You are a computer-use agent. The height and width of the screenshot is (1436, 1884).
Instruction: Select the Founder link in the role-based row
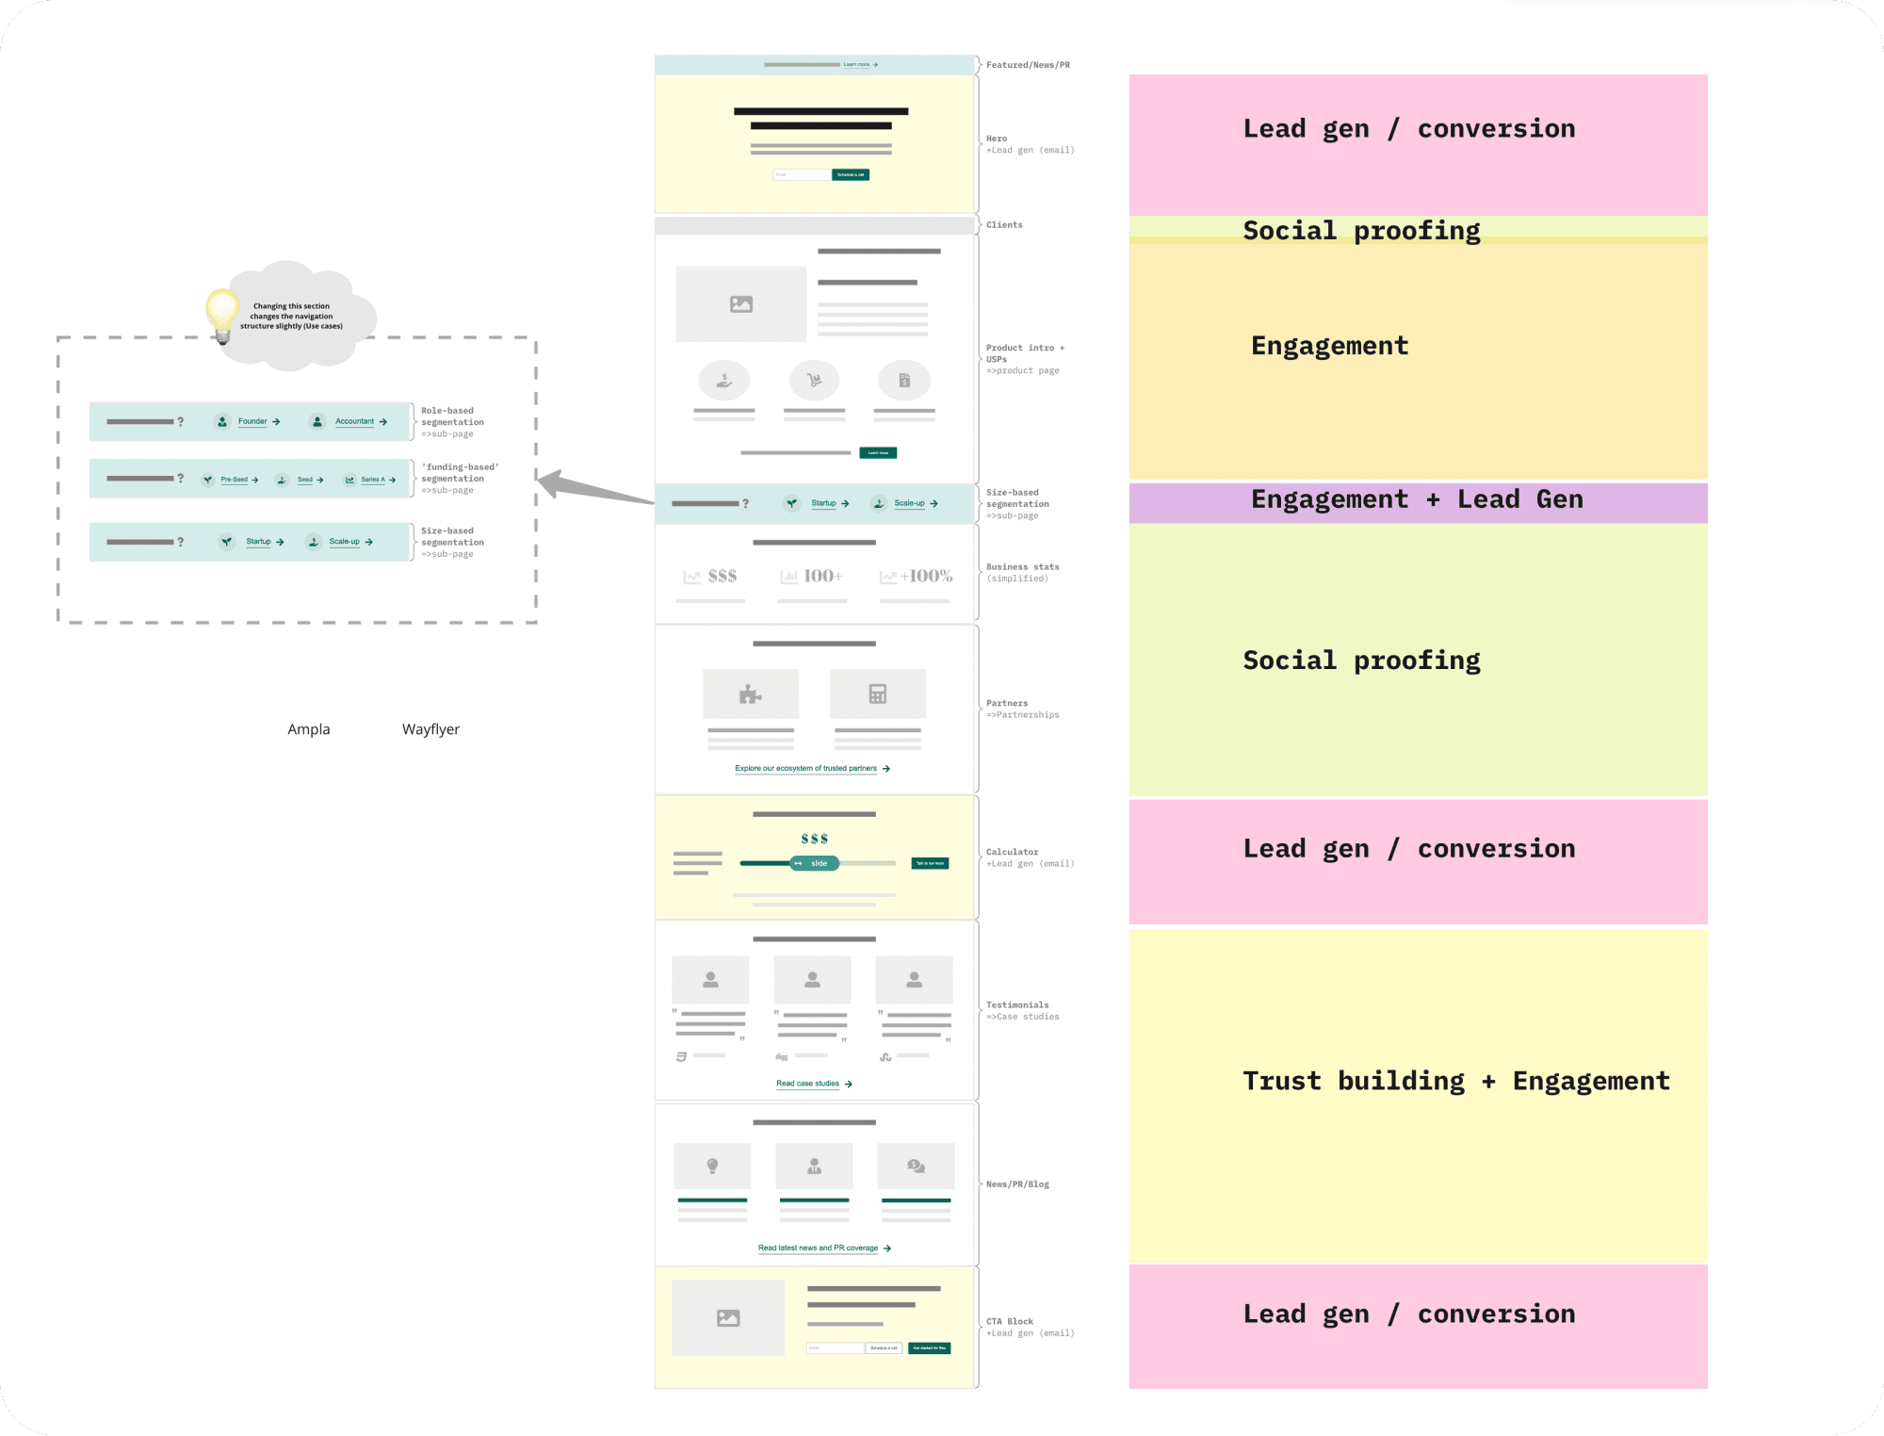tap(252, 421)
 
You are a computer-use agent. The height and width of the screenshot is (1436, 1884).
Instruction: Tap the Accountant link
tap(354, 421)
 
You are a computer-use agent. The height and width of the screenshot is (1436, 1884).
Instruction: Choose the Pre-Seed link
tap(234, 480)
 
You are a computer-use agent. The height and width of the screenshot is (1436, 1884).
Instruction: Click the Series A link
tap(373, 480)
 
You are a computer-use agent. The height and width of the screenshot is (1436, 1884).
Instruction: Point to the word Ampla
tap(309, 729)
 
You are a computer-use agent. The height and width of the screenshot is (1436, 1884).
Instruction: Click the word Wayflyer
tap(430, 729)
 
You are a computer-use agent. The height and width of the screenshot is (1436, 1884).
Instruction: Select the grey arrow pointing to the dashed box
tap(593, 489)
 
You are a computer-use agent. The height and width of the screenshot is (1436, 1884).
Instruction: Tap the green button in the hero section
tap(850, 174)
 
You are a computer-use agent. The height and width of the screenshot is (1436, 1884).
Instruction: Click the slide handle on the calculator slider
tap(814, 863)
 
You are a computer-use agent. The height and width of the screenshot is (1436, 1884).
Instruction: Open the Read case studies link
tap(808, 1084)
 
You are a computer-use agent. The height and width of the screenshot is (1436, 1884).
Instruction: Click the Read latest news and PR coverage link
tap(819, 1248)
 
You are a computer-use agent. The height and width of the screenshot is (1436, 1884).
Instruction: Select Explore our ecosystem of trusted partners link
tap(806, 768)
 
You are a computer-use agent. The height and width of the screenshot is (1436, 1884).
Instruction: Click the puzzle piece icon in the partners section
tap(750, 694)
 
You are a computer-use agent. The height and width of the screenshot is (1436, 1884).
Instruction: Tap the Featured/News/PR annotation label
tap(1028, 65)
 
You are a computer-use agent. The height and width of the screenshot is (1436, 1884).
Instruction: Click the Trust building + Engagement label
tap(1455, 1081)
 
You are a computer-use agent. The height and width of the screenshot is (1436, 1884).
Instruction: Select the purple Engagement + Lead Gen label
tap(1417, 499)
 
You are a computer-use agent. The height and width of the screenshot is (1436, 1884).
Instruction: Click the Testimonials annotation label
tap(1017, 1005)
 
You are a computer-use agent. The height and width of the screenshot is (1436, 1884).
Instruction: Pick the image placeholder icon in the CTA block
tap(728, 1318)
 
